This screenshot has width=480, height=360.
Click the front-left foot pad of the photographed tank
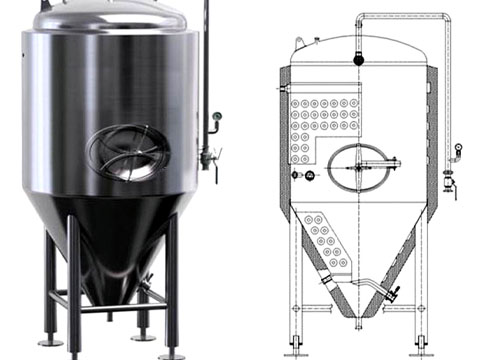(x=50, y=343)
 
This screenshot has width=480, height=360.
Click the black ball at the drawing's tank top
(x=357, y=59)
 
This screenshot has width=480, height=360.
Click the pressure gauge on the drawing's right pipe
(x=458, y=149)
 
